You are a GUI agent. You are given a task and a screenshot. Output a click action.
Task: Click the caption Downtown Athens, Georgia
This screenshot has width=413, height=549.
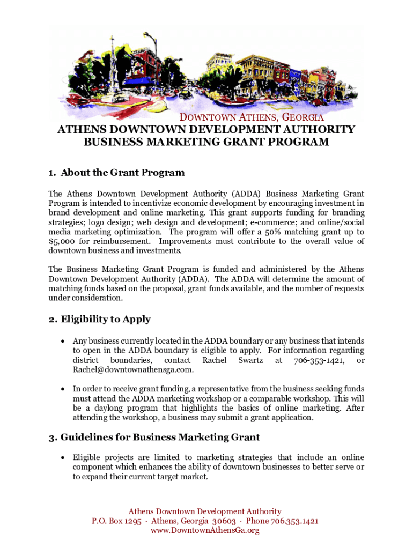(x=251, y=117)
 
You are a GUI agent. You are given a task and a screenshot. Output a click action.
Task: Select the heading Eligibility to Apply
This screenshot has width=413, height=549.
(x=99, y=320)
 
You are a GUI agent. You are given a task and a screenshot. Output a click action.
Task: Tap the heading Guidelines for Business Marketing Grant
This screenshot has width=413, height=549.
(x=154, y=437)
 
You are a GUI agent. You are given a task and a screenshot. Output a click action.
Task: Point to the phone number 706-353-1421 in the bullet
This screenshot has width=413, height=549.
(x=319, y=360)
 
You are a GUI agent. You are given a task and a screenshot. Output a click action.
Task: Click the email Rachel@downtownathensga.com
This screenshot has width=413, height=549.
(x=133, y=370)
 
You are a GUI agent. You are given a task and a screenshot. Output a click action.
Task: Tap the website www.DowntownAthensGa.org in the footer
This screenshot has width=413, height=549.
(x=205, y=530)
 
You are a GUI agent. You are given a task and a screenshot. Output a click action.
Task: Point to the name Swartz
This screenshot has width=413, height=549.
(x=250, y=360)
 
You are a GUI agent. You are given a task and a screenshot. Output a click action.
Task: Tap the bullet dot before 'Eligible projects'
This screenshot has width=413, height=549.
(x=64, y=458)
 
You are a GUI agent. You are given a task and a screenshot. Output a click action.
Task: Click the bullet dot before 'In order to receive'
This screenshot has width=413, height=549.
(x=64, y=389)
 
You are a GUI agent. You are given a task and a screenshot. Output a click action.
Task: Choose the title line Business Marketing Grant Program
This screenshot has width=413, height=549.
(x=206, y=142)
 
